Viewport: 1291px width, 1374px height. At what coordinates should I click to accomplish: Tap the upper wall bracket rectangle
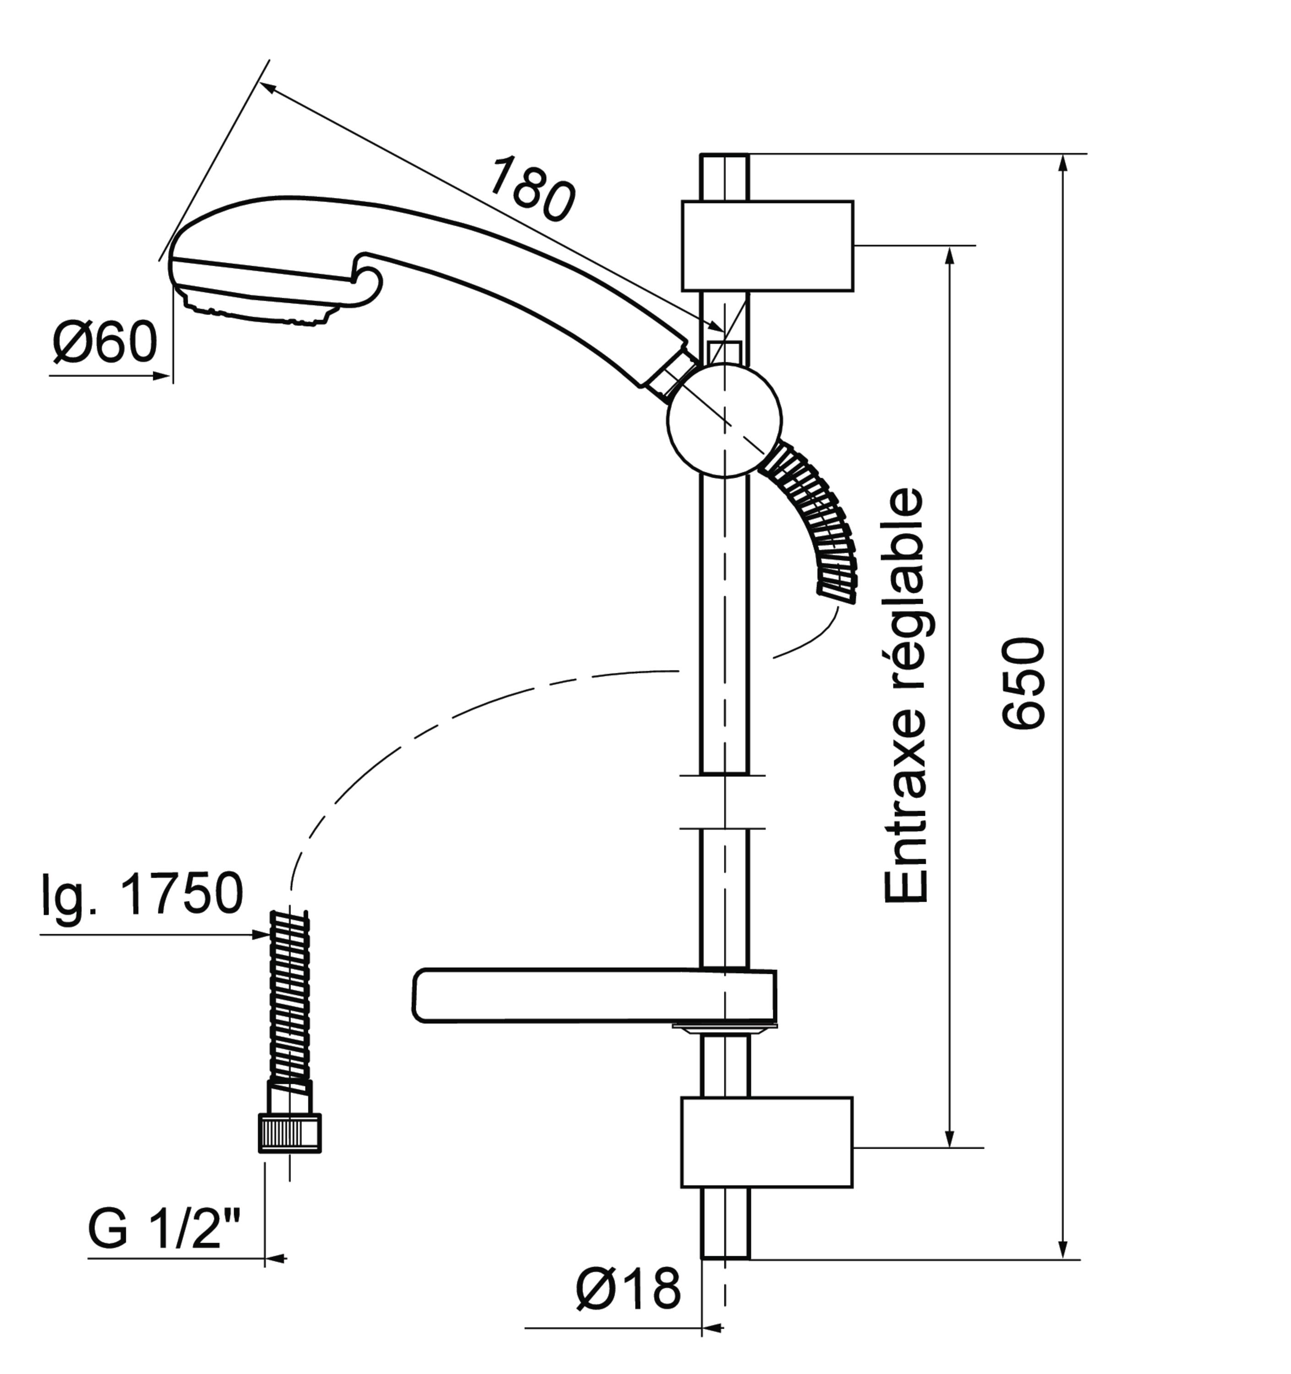(767, 246)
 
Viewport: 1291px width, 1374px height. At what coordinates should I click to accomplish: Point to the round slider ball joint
(724, 420)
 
